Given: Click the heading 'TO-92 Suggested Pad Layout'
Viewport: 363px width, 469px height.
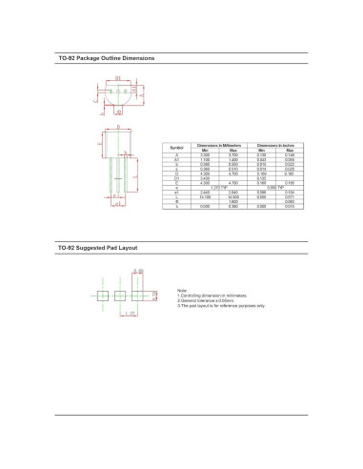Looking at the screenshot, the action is [x=98, y=247].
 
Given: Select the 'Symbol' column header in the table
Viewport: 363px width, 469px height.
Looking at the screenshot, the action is [x=176, y=148].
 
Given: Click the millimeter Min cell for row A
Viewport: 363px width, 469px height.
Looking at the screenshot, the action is [x=202, y=154].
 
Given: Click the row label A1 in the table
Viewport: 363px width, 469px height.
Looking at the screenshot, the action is [x=176, y=159].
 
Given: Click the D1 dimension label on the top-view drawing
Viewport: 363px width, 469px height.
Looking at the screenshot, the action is [x=118, y=77].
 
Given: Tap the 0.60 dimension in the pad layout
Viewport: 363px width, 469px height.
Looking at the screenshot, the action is [x=140, y=273].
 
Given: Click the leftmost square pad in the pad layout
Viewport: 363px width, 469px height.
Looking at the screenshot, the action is [x=105, y=295].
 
